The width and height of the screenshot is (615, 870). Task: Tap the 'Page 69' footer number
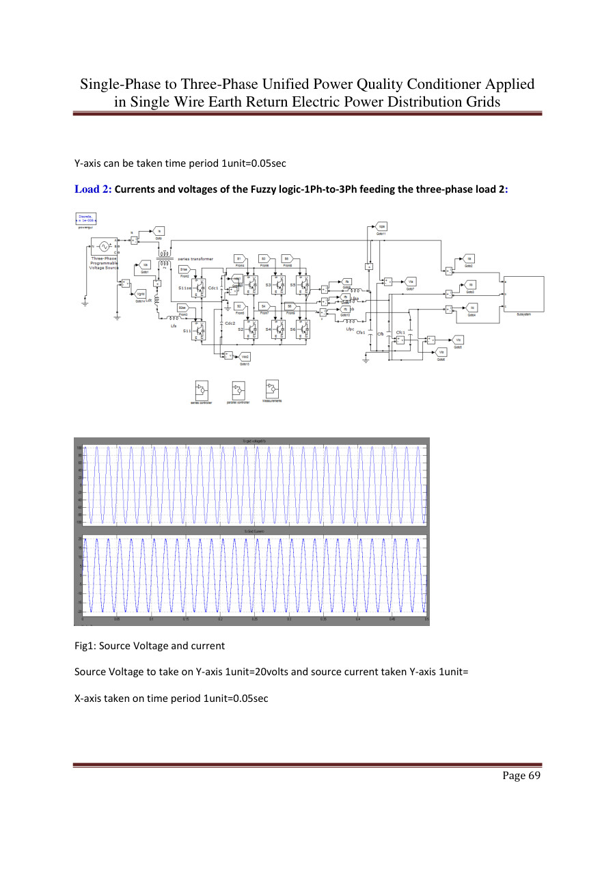521,775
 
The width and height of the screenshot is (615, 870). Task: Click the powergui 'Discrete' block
85,218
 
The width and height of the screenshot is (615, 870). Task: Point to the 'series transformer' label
195,258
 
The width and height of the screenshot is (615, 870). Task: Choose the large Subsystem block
524,294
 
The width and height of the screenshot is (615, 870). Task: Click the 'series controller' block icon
201,390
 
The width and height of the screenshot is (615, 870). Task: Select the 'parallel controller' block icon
238,390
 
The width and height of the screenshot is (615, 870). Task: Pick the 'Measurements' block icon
272,389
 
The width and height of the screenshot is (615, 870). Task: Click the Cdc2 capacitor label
230,323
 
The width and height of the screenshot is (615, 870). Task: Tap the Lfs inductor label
174,326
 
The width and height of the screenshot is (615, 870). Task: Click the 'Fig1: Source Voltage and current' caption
149,645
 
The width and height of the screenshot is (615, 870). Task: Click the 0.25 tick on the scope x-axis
254,619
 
